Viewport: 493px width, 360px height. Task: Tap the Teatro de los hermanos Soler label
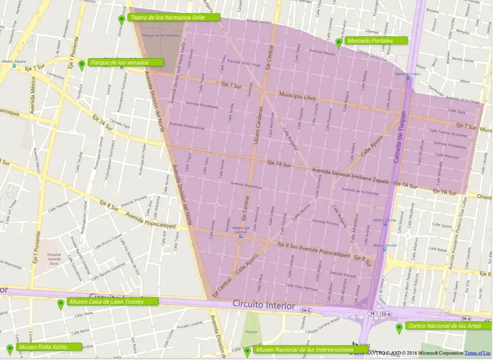(174, 18)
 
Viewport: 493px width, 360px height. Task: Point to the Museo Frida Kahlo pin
(10, 349)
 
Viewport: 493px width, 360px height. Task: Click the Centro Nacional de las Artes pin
(399, 328)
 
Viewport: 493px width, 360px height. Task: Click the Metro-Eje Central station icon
(241, 236)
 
